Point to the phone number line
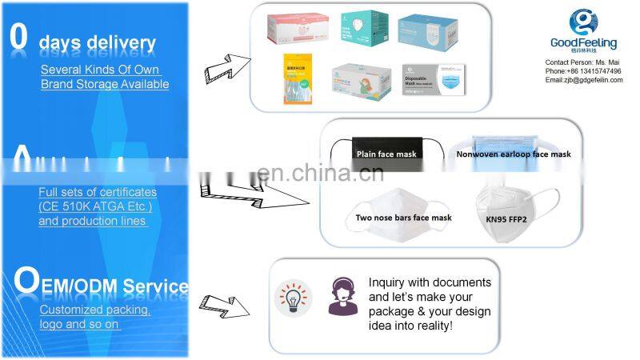coord(582,71)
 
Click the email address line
coord(583,80)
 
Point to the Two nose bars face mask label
coord(404,218)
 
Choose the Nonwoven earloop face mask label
coord(514,154)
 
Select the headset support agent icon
coord(342,296)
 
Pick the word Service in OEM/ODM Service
coord(158,286)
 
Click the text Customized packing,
coord(94,310)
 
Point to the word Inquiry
coord(387,282)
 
